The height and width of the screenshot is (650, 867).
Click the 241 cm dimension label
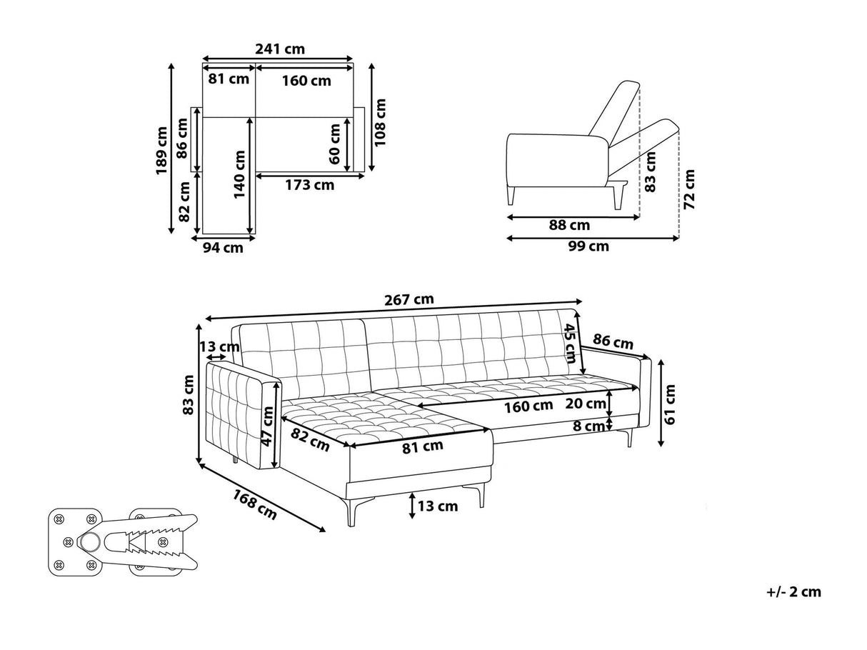coord(280,49)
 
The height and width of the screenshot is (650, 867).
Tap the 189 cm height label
coord(161,150)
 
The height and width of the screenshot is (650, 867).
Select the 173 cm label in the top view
coord(310,185)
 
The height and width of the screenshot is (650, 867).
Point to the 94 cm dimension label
coord(223,248)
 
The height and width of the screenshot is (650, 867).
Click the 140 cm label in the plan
coord(239,174)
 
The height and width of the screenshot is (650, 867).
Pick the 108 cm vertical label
coord(380,122)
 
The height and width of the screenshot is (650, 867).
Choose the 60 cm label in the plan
coord(334,144)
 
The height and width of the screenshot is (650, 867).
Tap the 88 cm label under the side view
coord(569,225)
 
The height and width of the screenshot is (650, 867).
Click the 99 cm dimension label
coord(588,246)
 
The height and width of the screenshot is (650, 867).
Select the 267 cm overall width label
coord(409,300)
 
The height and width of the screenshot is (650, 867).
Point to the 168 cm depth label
coord(255,505)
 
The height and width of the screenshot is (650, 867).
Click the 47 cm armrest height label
coord(267,426)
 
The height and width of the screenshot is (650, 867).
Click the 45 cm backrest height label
coord(570,343)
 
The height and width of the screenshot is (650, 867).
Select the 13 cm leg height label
coord(438,506)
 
